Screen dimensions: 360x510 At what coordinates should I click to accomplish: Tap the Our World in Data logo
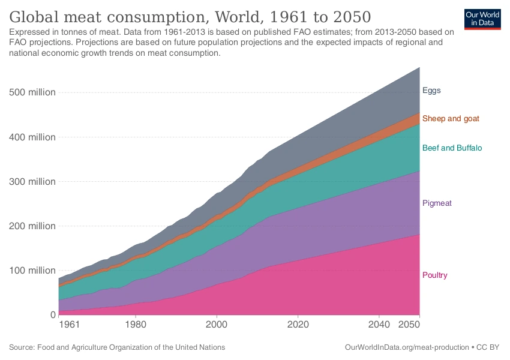(482, 19)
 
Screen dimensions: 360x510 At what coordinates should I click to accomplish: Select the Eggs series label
(431, 91)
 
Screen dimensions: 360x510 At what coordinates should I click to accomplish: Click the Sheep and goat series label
(451, 118)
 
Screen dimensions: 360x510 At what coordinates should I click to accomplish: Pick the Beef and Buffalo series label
(452, 148)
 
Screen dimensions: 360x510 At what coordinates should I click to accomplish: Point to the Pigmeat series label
(437, 203)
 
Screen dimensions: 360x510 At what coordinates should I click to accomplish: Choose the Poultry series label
(435, 275)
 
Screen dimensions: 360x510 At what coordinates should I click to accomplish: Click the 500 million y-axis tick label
(33, 92)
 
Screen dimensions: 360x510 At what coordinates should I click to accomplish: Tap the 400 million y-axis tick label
(33, 137)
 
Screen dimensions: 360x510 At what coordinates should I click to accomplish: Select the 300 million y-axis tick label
(33, 181)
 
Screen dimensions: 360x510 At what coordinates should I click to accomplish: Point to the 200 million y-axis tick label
(33, 226)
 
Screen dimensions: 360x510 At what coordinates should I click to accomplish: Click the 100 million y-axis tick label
(33, 270)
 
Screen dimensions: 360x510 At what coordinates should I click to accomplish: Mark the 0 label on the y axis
(52, 314)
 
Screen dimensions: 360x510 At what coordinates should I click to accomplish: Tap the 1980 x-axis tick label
(136, 325)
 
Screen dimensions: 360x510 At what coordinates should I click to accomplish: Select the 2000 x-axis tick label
(217, 325)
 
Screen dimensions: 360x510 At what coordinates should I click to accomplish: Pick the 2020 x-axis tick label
(298, 325)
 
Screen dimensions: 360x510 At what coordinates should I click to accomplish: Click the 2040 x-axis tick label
(379, 325)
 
